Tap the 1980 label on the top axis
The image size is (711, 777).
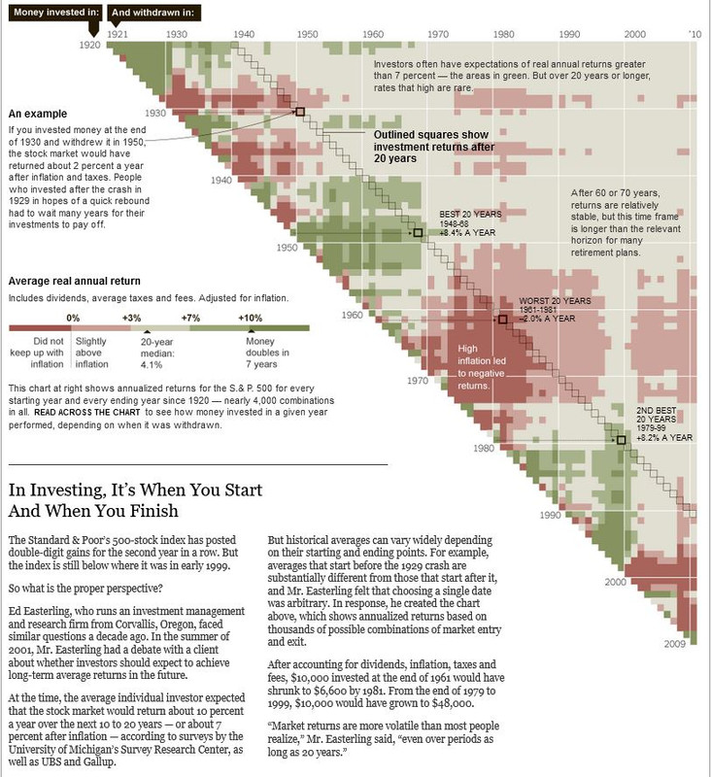tap(502, 34)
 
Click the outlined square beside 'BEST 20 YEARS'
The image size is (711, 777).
tap(418, 233)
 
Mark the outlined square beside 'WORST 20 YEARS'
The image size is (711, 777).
tap(502, 319)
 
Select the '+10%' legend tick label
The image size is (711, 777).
tap(252, 318)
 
